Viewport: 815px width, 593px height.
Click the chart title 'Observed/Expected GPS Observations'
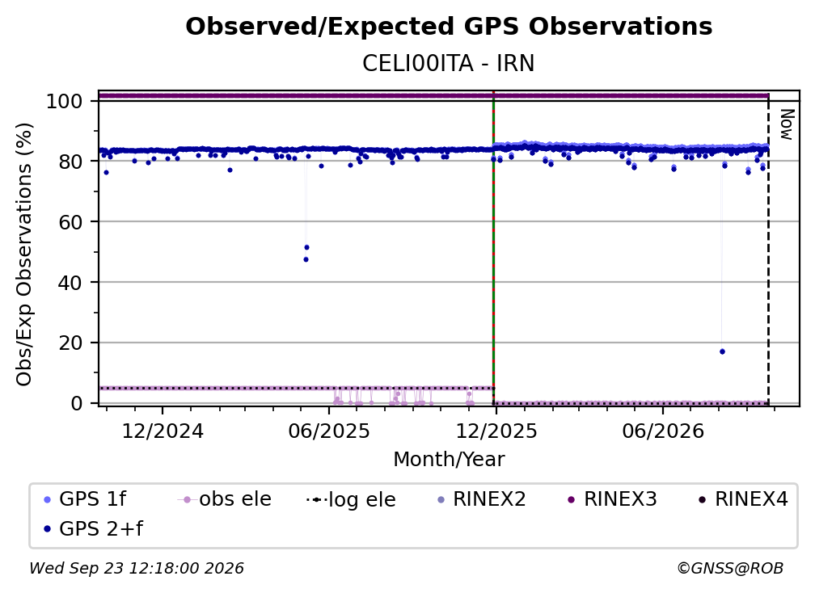449,27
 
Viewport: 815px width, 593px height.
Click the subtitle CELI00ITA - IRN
449,64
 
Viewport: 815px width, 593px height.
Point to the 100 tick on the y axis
65,101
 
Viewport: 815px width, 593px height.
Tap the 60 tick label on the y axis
70,221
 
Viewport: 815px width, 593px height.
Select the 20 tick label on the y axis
70,343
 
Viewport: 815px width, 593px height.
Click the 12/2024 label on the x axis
163,431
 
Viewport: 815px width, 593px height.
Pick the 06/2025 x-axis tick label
329,431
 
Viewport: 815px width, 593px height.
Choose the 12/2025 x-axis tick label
496,431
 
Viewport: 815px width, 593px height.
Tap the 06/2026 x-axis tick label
663,431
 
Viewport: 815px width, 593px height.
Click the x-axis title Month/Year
449,460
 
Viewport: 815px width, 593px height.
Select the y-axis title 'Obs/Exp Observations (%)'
24,254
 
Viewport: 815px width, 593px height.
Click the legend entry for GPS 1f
85,499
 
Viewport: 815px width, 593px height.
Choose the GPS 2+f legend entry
94,528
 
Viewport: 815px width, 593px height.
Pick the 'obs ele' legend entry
225,499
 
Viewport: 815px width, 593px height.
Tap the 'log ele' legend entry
352,499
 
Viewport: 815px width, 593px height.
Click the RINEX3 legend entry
612,499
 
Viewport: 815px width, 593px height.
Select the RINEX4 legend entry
743,499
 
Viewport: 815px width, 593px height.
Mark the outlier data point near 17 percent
722,351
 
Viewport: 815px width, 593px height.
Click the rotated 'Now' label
787,124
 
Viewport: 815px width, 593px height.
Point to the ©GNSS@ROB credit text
730,568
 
